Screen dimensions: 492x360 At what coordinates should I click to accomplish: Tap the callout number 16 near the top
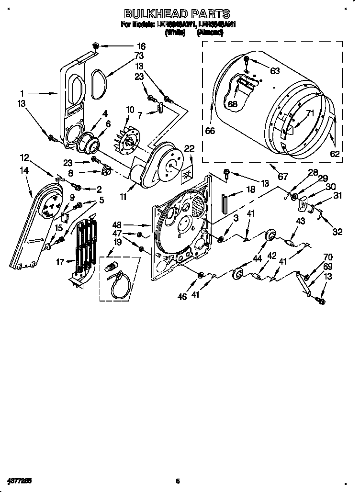pos(141,46)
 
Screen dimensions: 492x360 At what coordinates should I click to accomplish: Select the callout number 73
pos(139,56)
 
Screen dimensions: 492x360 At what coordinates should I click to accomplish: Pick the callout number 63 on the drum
pos(274,71)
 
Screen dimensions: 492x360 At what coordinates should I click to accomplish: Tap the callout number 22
pos(189,149)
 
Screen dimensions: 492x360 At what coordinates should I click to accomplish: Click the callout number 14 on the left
pos(24,170)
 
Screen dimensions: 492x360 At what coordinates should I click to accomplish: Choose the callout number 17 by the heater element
pos(59,261)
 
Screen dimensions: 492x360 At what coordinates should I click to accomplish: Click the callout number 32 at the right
pos(337,232)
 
